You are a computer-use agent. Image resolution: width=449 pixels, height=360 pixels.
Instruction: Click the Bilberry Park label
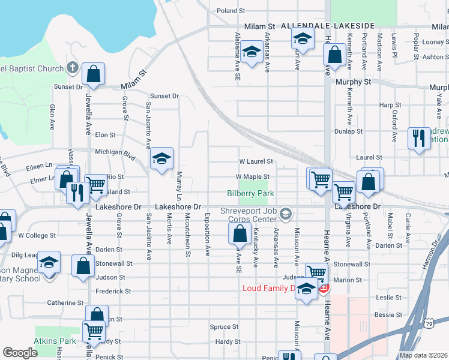coord(250,193)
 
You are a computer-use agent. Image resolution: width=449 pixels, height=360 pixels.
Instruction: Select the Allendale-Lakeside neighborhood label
coord(324,26)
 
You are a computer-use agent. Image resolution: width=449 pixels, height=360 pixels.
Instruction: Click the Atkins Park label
coord(62,341)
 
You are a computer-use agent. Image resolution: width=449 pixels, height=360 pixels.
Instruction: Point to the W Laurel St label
coord(256,161)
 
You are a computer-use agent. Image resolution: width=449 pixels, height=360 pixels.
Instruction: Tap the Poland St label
coord(231,11)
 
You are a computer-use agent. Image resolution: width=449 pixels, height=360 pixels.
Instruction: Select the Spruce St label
coord(224,327)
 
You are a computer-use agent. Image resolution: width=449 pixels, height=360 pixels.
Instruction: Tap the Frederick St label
coord(113,291)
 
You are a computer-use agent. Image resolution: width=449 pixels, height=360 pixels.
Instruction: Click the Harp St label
coord(386,105)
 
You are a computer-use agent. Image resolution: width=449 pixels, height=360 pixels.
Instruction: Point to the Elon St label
coord(105,135)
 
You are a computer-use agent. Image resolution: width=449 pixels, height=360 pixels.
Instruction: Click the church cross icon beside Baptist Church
coord(73,68)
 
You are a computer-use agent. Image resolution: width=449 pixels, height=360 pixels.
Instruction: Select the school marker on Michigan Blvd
coord(161,158)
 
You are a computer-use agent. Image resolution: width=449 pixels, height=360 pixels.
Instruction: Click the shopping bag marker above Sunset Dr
coord(94,74)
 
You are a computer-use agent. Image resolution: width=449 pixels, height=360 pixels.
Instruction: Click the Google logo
coord(20,353)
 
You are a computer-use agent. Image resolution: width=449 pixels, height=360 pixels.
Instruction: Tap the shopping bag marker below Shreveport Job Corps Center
coord(240,234)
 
